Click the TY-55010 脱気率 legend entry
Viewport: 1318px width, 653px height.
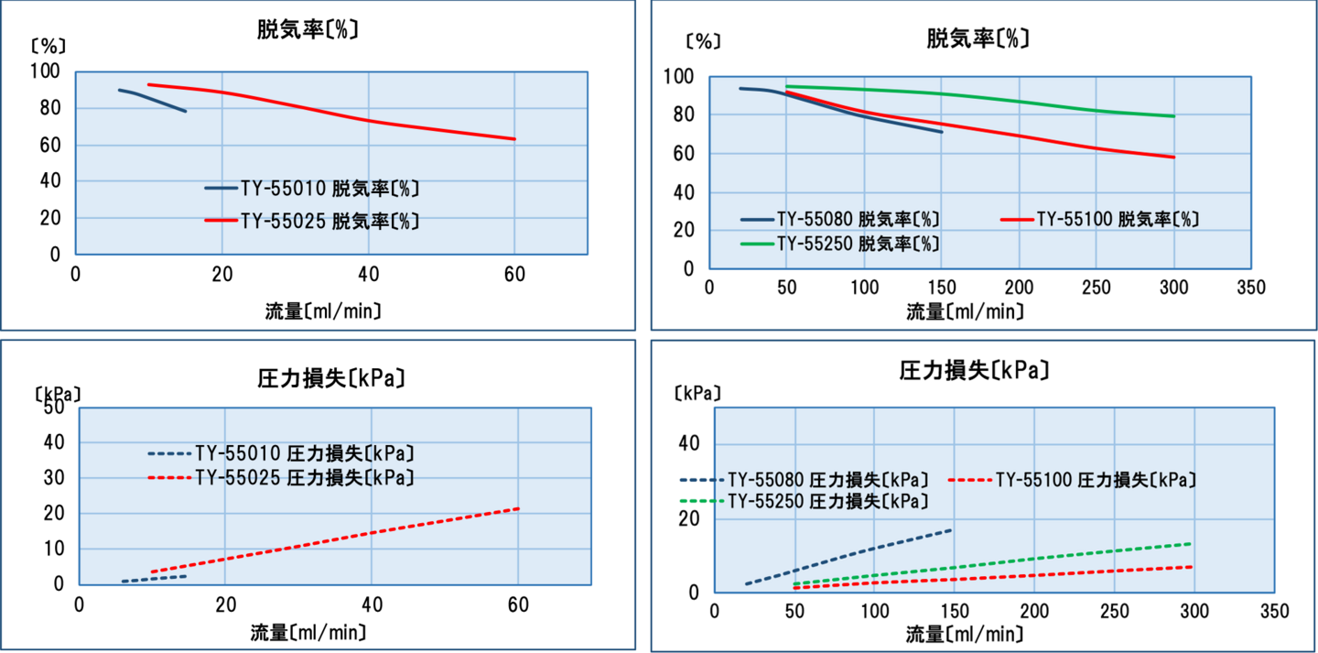311,189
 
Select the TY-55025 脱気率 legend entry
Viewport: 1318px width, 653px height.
311,221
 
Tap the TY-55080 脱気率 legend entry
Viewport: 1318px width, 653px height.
840,220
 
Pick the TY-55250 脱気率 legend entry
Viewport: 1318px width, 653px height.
840,245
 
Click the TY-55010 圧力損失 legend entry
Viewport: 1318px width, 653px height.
280,453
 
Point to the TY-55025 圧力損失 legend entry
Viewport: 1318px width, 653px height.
280,477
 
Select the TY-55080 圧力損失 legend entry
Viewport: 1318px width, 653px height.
805,480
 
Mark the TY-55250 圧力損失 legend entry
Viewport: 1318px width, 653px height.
805,502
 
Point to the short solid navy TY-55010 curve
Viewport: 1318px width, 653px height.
156,100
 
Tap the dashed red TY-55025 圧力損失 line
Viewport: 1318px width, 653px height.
366,534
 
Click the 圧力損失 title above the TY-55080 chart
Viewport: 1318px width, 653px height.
974,371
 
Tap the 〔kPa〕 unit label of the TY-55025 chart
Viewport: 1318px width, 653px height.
57,393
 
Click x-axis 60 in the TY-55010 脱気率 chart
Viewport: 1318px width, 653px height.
514,274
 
